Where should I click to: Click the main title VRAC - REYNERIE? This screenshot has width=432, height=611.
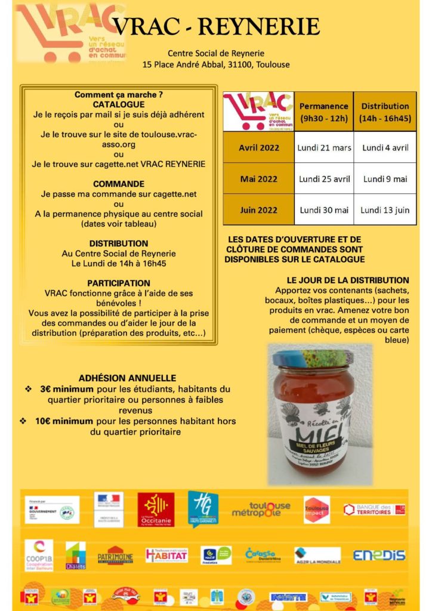click(216, 26)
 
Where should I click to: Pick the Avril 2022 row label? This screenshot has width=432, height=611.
click(258, 147)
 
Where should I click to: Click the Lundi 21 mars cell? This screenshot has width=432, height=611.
click(325, 147)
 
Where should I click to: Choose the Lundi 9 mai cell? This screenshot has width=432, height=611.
click(385, 178)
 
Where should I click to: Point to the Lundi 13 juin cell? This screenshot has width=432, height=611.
click(385, 209)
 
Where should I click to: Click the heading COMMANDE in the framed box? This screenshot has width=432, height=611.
click(119, 184)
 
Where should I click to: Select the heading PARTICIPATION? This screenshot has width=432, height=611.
click(119, 283)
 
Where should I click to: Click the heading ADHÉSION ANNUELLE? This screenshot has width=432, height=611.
click(127, 378)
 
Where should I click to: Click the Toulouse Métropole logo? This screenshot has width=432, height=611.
click(261, 509)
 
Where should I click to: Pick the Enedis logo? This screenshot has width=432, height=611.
click(379, 555)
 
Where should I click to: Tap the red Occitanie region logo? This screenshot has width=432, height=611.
click(156, 509)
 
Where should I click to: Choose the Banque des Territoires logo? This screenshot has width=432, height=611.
click(374, 510)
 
